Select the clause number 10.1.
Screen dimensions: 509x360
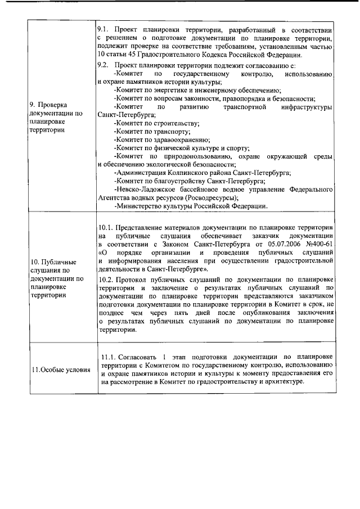tap(106, 227)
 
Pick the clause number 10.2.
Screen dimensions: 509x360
tap(106, 279)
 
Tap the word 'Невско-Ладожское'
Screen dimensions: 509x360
tap(145, 190)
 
